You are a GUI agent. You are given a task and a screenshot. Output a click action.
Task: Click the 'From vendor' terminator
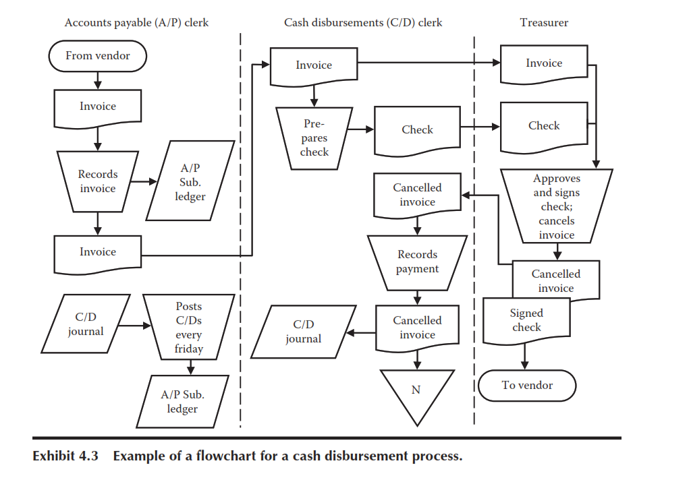[x=98, y=56]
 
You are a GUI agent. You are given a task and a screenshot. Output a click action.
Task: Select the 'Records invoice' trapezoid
[x=98, y=181]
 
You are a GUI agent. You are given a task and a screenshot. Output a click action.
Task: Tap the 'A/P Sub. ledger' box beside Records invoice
[x=190, y=183]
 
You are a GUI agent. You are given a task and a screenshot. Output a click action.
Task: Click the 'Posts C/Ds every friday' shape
[x=189, y=328]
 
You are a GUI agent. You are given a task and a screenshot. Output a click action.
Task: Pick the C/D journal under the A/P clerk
[x=86, y=324]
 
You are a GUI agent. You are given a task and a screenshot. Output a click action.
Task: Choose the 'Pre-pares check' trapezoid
[x=314, y=138]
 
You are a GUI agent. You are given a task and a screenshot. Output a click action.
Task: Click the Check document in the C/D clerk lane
[x=417, y=129]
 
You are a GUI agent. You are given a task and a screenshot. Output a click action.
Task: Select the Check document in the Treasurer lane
[x=544, y=126]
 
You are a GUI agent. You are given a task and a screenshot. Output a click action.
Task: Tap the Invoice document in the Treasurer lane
[x=544, y=63]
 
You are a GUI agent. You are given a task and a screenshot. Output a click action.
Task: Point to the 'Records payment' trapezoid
[x=417, y=262]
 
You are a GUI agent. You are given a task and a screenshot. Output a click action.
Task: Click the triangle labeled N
[x=416, y=394]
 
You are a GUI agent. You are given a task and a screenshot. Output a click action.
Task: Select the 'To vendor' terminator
[x=527, y=386]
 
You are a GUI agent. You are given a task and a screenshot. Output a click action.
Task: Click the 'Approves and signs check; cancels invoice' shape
[x=557, y=206]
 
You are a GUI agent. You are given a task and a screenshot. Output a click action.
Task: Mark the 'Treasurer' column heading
[x=544, y=22]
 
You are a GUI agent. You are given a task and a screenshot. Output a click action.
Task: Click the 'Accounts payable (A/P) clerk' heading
[x=136, y=22]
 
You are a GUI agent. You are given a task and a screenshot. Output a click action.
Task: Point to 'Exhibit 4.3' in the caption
[x=65, y=456]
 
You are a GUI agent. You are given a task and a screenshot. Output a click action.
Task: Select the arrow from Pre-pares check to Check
[x=360, y=129]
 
